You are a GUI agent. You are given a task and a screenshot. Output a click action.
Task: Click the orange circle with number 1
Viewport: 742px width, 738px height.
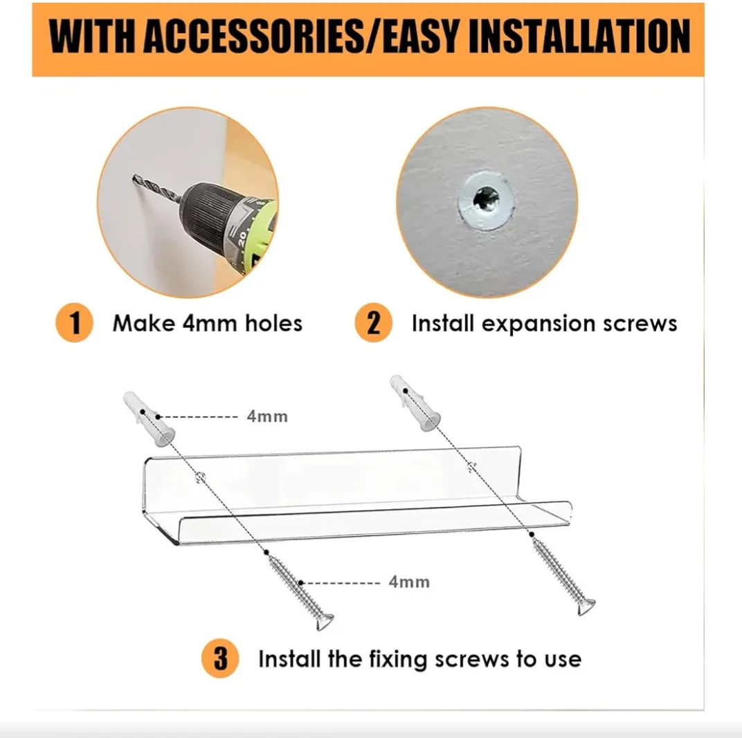pyautogui.click(x=74, y=323)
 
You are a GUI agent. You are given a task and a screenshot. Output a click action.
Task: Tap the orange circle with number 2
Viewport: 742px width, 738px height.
pyautogui.click(x=373, y=323)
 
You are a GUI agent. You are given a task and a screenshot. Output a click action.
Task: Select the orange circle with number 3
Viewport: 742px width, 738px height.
pyautogui.click(x=220, y=658)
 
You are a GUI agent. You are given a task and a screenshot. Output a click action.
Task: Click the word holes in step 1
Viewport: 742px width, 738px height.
pyautogui.click(x=273, y=324)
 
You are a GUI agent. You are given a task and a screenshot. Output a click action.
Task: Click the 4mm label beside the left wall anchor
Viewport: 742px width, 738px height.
pyautogui.click(x=267, y=416)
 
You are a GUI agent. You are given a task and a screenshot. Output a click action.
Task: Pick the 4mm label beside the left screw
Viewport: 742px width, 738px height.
pyautogui.click(x=409, y=582)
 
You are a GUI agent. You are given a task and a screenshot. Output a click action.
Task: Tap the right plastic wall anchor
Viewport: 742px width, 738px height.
pyautogui.click(x=415, y=403)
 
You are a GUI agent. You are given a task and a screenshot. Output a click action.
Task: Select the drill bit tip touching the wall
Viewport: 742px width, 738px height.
pyautogui.click(x=134, y=177)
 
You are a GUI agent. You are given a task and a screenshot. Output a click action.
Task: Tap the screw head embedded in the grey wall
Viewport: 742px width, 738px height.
pyautogui.click(x=485, y=199)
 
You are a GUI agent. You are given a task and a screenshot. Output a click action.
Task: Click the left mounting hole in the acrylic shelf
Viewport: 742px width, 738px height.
pyautogui.click(x=201, y=476)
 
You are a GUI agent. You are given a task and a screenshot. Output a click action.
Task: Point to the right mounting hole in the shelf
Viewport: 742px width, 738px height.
pyautogui.click(x=471, y=467)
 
